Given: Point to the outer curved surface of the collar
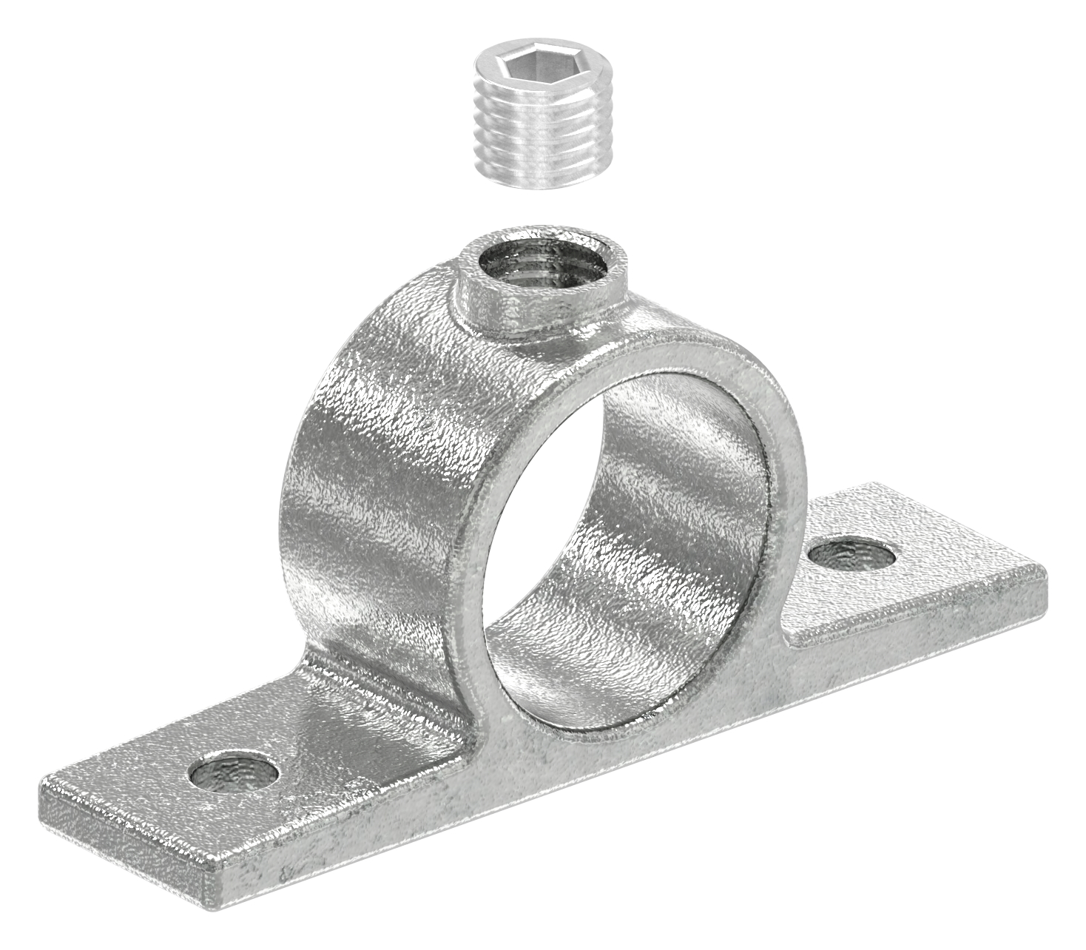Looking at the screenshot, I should click(x=370, y=444).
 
